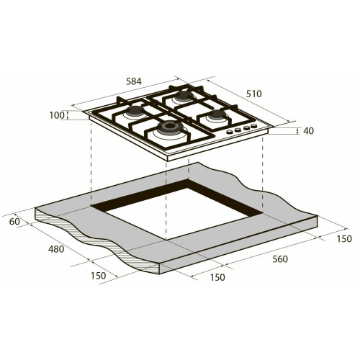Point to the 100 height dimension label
pyautogui.click(x=57, y=115)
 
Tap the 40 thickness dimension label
pyautogui.click(x=309, y=131)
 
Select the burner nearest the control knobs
pyautogui.click(x=214, y=114)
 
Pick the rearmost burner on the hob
pyautogui.click(x=183, y=94)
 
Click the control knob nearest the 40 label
pyautogui.click(x=255, y=128)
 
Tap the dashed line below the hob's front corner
pyautogui.click(x=166, y=194)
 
